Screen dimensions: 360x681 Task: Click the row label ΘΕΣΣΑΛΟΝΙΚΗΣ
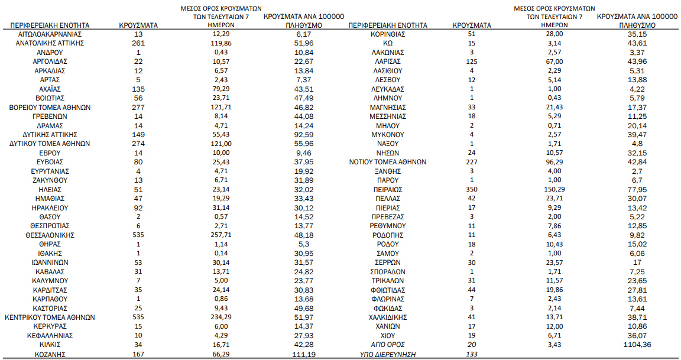tap(50, 235)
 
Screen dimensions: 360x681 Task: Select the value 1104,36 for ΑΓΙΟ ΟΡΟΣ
tap(637, 345)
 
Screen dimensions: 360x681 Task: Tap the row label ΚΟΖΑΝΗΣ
tap(50, 354)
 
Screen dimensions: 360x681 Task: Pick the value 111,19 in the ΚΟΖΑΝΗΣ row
tap(303, 354)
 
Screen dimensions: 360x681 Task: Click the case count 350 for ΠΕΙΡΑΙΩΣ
tap(471, 189)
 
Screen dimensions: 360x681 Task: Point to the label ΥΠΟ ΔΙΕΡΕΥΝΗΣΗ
tap(388, 354)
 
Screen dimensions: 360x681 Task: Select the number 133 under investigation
tap(471, 354)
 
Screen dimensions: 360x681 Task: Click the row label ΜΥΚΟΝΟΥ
tap(388, 134)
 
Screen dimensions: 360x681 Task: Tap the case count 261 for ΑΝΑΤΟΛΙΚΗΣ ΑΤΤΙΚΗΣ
tap(138, 43)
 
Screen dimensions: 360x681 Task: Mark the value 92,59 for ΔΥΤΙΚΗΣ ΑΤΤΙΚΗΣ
tap(303, 134)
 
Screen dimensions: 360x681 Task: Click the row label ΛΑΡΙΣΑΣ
tap(388, 61)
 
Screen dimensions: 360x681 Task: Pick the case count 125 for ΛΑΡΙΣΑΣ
tap(471, 61)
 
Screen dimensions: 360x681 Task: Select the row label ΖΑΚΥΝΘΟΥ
tap(50, 180)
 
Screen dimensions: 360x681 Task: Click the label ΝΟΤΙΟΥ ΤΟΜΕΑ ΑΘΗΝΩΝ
tap(388, 162)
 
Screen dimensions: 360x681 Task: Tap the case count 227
tap(471, 162)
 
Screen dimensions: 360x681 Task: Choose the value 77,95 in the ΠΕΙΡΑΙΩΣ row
tap(637, 189)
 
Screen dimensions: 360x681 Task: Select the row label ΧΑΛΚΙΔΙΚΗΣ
tap(388, 317)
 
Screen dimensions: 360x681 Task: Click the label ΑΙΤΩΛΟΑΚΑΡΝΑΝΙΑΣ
tap(50, 34)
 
